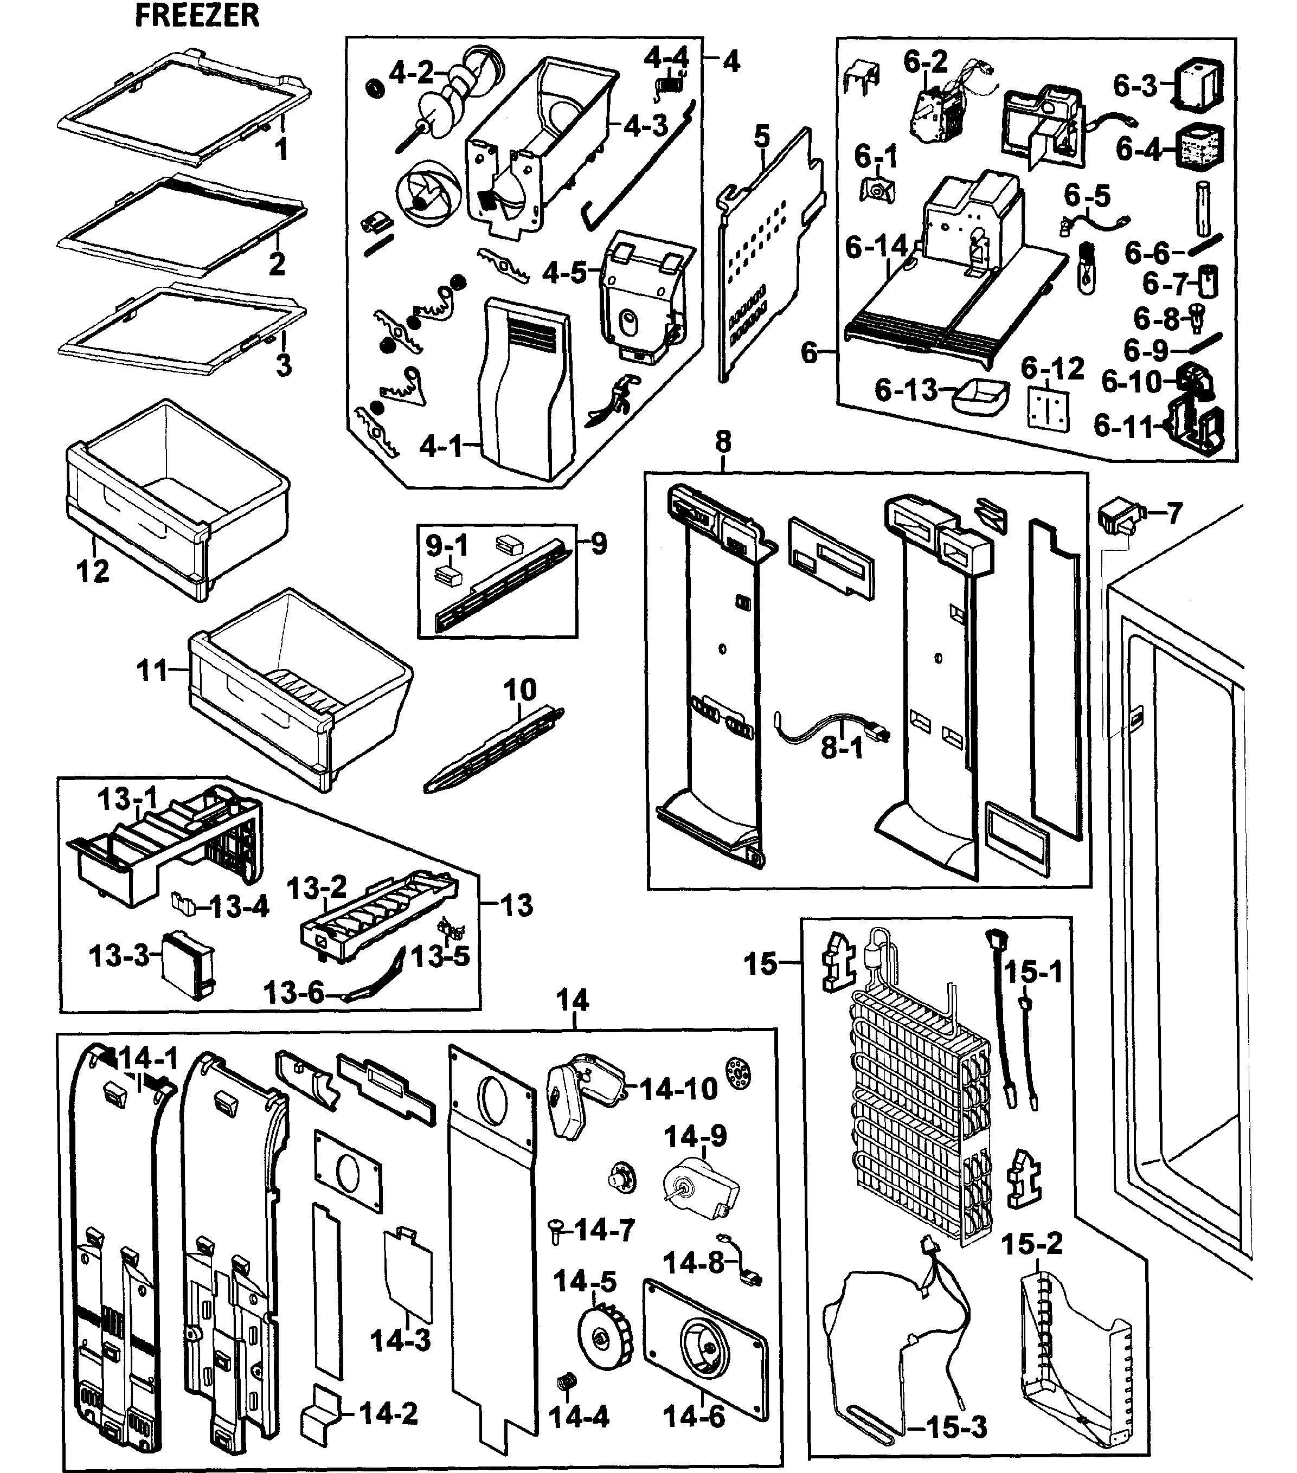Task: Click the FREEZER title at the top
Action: pyautogui.click(x=197, y=16)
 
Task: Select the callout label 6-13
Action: pyautogui.click(x=905, y=390)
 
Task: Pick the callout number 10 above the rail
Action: pyautogui.click(x=519, y=690)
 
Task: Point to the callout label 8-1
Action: pyautogui.click(x=841, y=748)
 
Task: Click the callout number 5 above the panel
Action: pyautogui.click(x=762, y=136)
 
